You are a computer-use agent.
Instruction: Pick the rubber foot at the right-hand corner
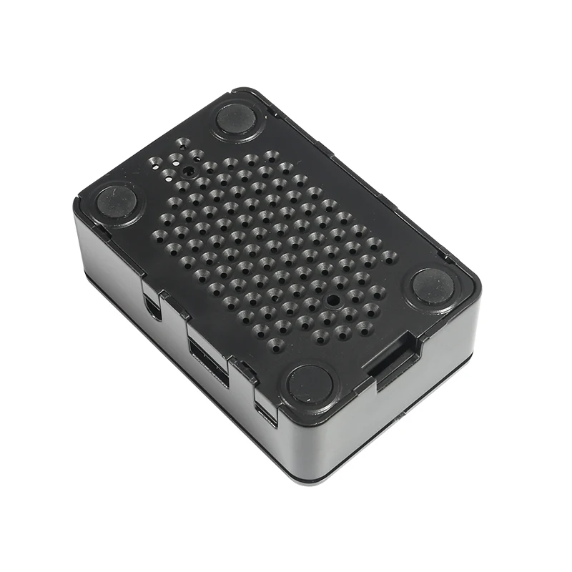pyautogui.click(x=433, y=287)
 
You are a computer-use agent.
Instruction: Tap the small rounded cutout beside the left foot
pyautogui.click(x=152, y=306)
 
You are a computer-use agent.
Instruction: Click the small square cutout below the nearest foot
pyautogui.click(x=266, y=415)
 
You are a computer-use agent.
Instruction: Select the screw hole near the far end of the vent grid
pyautogui.click(x=187, y=172)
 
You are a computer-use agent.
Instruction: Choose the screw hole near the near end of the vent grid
pyautogui.click(x=332, y=301)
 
